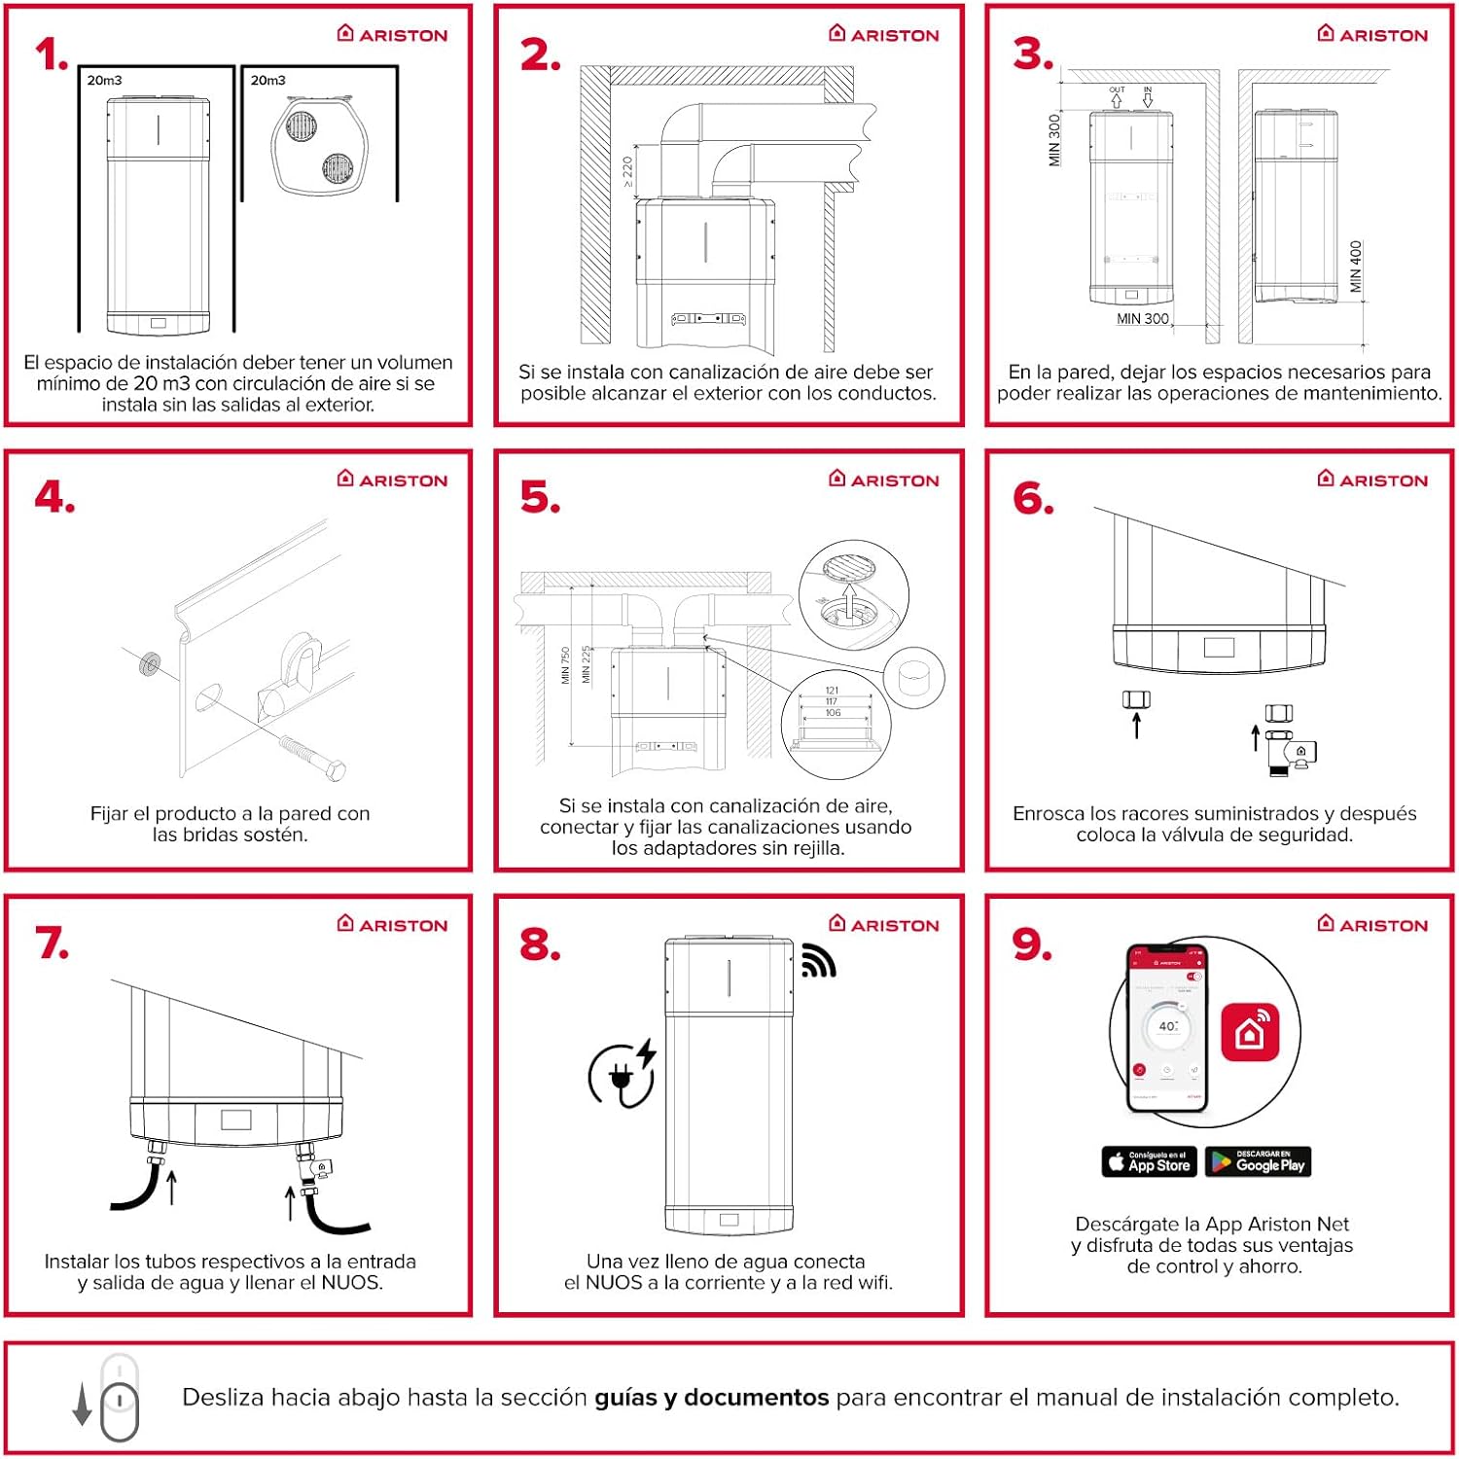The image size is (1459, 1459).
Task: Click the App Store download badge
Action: pyautogui.click(x=1149, y=1161)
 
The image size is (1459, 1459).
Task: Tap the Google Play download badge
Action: pyautogui.click(x=1258, y=1161)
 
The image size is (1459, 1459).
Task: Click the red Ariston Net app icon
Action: pyautogui.click(x=1250, y=1031)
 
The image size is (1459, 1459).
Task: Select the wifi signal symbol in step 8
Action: pyautogui.click(x=818, y=961)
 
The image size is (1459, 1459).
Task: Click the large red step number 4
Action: pyautogui.click(x=54, y=498)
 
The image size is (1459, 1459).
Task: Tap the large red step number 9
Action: pyautogui.click(x=1032, y=943)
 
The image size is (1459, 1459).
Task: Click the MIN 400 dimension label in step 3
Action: pyautogui.click(x=1356, y=266)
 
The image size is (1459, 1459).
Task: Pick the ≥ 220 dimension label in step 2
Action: pyautogui.click(x=627, y=171)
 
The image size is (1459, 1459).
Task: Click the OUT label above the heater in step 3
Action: pyautogui.click(x=1117, y=90)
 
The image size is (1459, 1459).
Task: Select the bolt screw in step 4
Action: pyautogui.click(x=312, y=757)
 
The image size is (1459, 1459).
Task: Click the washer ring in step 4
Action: pyautogui.click(x=150, y=665)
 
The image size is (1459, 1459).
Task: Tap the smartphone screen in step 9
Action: pyautogui.click(x=1166, y=1027)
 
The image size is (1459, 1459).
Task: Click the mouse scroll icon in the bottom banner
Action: pyautogui.click(x=119, y=1401)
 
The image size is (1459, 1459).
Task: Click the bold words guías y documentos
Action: pyautogui.click(x=711, y=1398)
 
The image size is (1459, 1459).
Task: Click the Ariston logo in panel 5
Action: pyautogui.click(x=884, y=480)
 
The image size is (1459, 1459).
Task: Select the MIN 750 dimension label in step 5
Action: pyautogui.click(x=565, y=665)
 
